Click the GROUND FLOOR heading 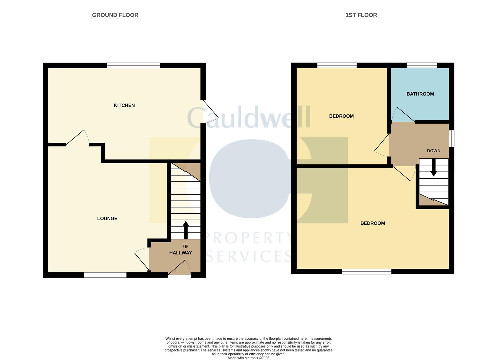pos(115,15)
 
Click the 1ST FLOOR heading pos(361,15)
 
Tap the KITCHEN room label pos(124,105)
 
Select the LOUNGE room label pos(107,219)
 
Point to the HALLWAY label pos(180,253)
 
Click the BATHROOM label pos(420,94)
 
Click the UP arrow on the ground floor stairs pos(186,230)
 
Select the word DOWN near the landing pos(433,151)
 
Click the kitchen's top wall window pos(133,65)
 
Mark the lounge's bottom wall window pos(105,275)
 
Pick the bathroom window pos(422,65)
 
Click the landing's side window pos(451,138)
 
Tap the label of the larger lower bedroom pos(372,223)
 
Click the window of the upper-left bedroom pos(337,65)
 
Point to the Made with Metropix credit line pos(248,358)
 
